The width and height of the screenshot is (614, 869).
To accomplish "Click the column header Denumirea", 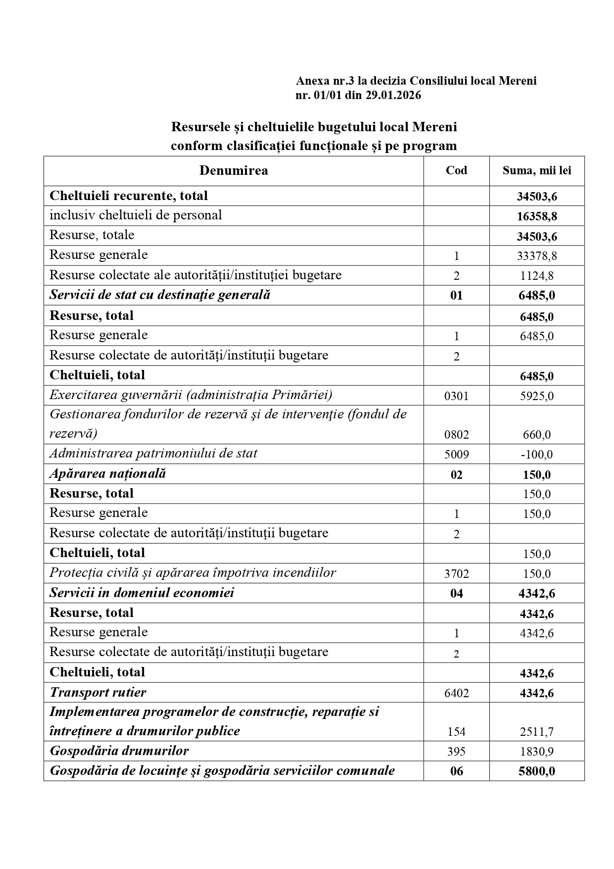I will (x=234, y=171).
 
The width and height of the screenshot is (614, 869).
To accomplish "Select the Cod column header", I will (x=456, y=171).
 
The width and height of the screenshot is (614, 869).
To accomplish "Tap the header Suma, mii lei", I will (x=537, y=171).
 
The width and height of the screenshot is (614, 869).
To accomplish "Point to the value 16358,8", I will (x=537, y=216).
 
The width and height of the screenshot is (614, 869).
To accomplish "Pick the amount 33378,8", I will (x=537, y=256).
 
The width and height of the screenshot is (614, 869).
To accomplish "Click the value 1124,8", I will (x=537, y=276).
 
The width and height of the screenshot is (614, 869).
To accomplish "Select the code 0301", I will (x=456, y=396).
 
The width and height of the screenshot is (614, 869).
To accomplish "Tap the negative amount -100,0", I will (x=537, y=455).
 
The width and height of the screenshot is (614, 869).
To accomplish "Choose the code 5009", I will (x=456, y=455).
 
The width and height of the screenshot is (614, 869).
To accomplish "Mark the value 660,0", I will (x=537, y=435).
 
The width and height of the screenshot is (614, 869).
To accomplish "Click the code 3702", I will (x=456, y=574).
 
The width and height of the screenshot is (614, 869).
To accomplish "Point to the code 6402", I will (x=456, y=693).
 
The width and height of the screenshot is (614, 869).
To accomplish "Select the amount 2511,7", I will (x=537, y=732).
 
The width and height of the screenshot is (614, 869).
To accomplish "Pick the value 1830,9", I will (x=537, y=752).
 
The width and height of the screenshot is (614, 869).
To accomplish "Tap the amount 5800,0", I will (x=537, y=771).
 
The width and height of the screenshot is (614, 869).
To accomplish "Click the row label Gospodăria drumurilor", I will (x=119, y=751).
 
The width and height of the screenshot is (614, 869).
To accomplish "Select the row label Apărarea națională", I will (x=108, y=474).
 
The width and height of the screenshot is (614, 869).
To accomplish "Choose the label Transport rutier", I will (x=98, y=693).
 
